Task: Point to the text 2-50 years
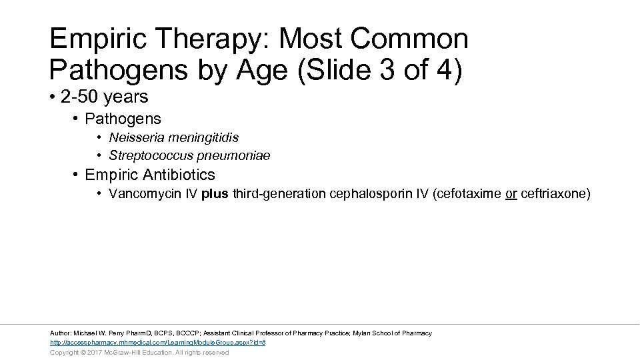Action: coord(104,97)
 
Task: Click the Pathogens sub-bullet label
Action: coord(123,119)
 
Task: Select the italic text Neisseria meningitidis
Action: coord(173,138)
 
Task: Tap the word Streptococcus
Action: coord(147,156)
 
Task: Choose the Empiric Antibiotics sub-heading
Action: coord(150,175)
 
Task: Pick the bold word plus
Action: coord(215,195)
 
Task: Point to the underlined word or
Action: coord(511,195)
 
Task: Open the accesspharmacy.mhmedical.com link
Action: coord(158,343)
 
